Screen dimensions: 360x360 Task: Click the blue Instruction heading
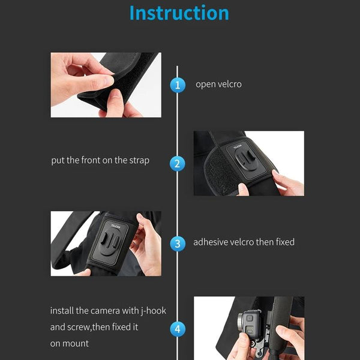[x=179, y=13]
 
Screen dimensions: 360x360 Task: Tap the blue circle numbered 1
[x=177, y=85]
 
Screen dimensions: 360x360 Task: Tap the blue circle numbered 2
[x=177, y=163]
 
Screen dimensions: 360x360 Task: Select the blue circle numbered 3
[x=177, y=243]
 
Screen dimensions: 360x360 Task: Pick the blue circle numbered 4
[x=177, y=329]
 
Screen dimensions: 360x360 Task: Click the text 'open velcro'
[x=218, y=85]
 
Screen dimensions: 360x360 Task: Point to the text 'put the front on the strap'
[x=100, y=160]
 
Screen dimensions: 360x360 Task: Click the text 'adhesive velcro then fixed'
[x=244, y=242]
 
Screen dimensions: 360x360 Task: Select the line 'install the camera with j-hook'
[x=108, y=311]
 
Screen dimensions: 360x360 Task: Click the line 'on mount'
[x=69, y=344]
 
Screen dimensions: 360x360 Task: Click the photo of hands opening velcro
[x=106, y=85]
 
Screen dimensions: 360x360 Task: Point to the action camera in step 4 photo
[x=247, y=327]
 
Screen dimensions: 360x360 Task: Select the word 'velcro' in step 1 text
[x=229, y=85]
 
